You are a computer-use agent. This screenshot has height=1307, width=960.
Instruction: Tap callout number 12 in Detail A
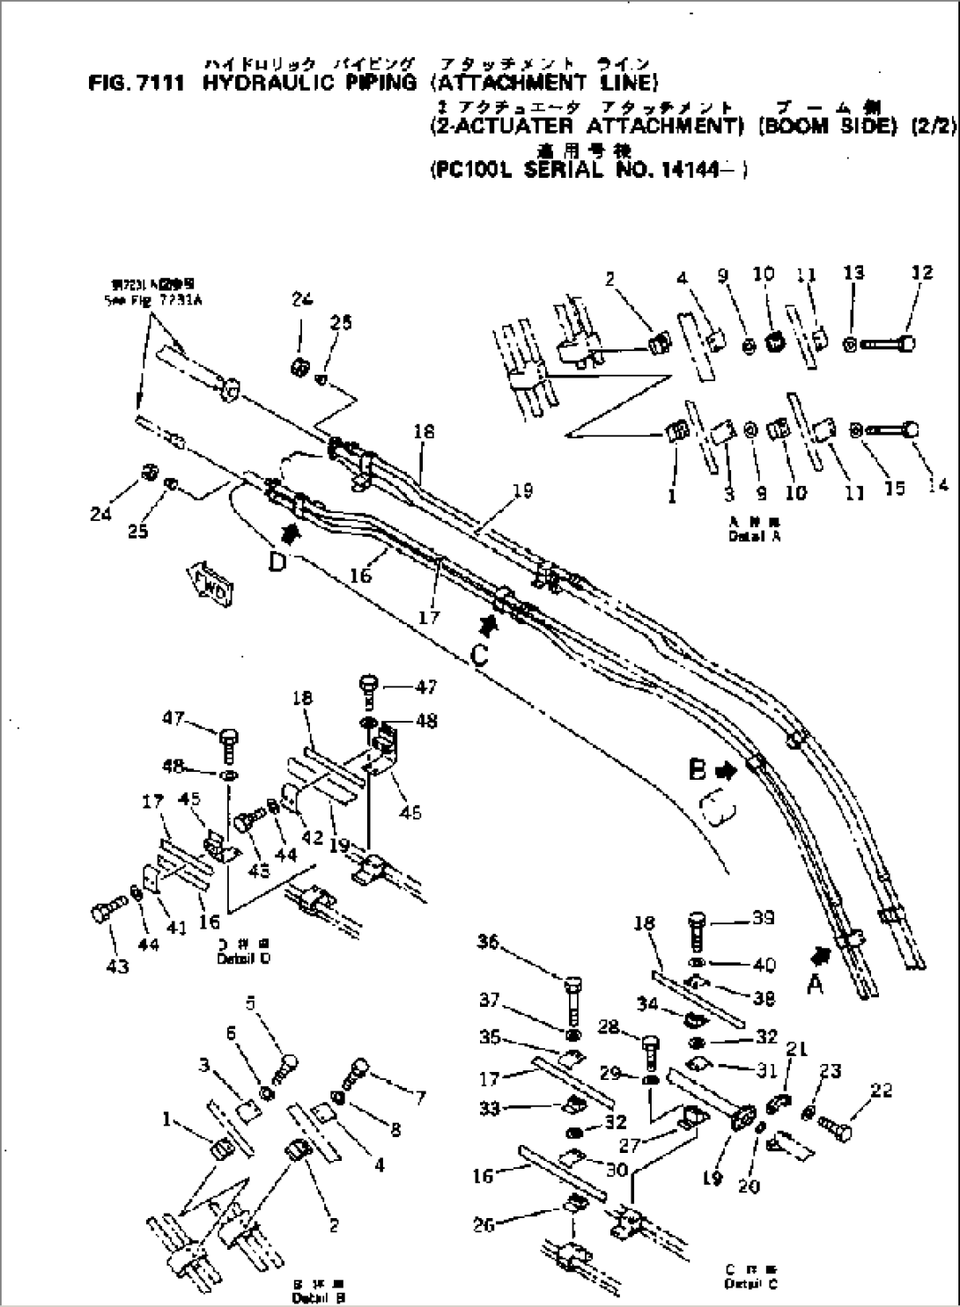pyautogui.click(x=921, y=273)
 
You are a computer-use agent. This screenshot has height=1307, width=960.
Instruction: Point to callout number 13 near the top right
pyautogui.click(x=853, y=275)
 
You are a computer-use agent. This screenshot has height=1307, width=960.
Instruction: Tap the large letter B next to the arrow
pyautogui.click(x=698, y=770)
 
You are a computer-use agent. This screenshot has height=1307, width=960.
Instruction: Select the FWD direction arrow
pyautogui.click(x=208, y=584)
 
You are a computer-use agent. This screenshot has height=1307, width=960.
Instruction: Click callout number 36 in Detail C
pyautogui.click(x=489, y=943)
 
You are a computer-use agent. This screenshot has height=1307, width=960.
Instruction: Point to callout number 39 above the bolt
pyautogui.click(x=763, y=918)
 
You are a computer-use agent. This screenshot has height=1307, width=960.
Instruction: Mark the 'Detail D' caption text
pyautogui.click(x=243, y=958)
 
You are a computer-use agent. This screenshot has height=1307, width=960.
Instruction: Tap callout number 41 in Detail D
pyautogui.click(x=177, y=927)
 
